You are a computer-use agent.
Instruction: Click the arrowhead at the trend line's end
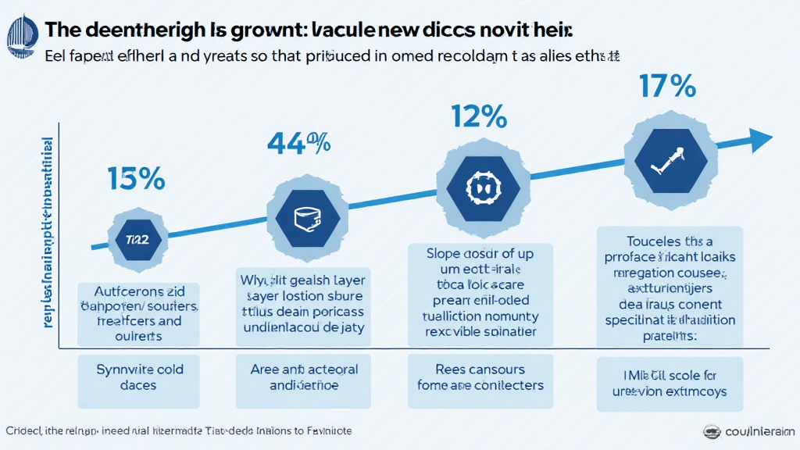pos(760,141)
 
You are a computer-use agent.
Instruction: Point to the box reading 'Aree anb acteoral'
pos(303,377)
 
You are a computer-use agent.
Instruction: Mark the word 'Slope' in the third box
pos(444,254)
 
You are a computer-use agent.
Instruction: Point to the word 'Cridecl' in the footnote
pos(24,430)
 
